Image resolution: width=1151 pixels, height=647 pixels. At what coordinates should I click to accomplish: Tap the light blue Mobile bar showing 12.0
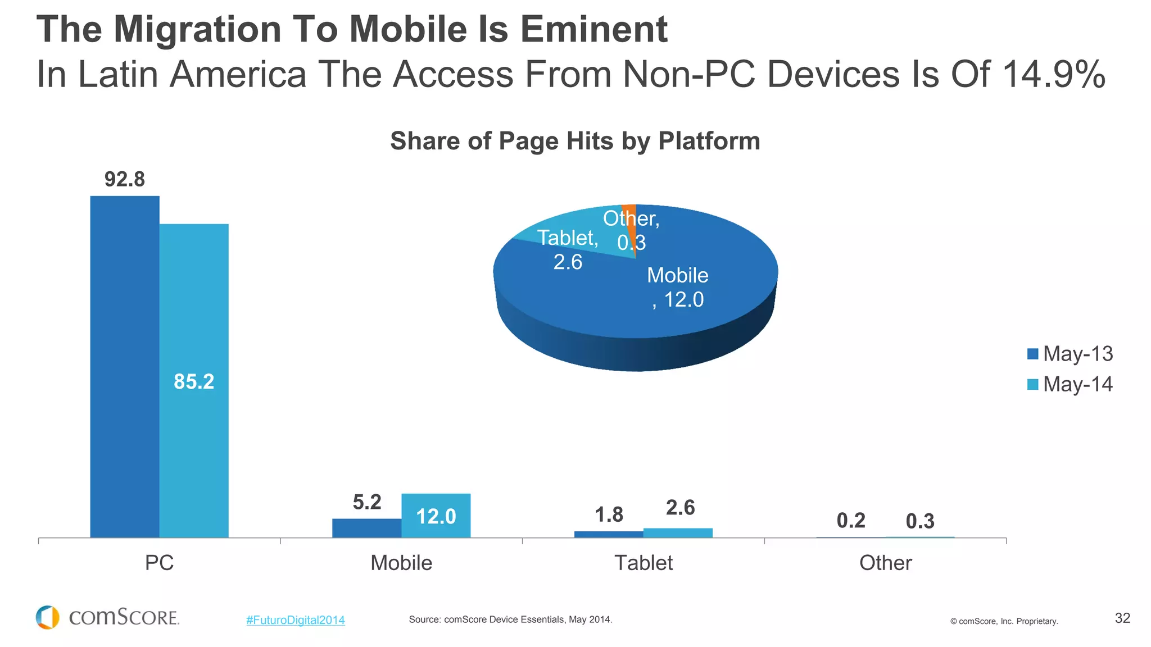(x=436, y=516)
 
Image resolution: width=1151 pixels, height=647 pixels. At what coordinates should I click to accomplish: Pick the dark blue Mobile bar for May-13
(x=366, y=528)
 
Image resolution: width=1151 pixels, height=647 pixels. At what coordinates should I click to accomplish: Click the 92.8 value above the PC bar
(x=125, y=179)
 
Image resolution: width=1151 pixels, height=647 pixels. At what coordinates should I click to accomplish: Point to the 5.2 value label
(x=367, y=502)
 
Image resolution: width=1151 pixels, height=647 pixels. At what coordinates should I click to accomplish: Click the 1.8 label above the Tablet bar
(x=609, y=514)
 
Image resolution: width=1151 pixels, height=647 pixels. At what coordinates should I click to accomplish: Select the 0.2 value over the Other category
(x=851, y=521)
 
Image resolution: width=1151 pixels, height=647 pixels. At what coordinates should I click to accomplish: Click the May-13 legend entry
(x=1070, y=354)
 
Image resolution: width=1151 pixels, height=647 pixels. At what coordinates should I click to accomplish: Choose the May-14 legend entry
(x=1070, y=384)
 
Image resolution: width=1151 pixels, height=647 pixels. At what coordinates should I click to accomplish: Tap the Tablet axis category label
(x=644, y=563)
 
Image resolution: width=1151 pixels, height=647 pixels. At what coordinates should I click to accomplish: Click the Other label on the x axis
(x=885, y=563)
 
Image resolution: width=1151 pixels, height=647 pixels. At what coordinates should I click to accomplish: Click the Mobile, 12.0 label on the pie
(x=678, y=287)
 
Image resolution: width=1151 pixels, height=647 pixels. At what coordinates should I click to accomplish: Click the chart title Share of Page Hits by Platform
(x=575, y=141)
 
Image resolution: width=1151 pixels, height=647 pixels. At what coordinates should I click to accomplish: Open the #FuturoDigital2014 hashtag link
(x=296, y=620)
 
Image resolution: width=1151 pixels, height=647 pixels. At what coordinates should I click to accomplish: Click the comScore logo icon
(x=47, y=617)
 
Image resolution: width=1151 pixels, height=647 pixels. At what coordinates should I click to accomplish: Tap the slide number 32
(x=1122, y=618)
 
